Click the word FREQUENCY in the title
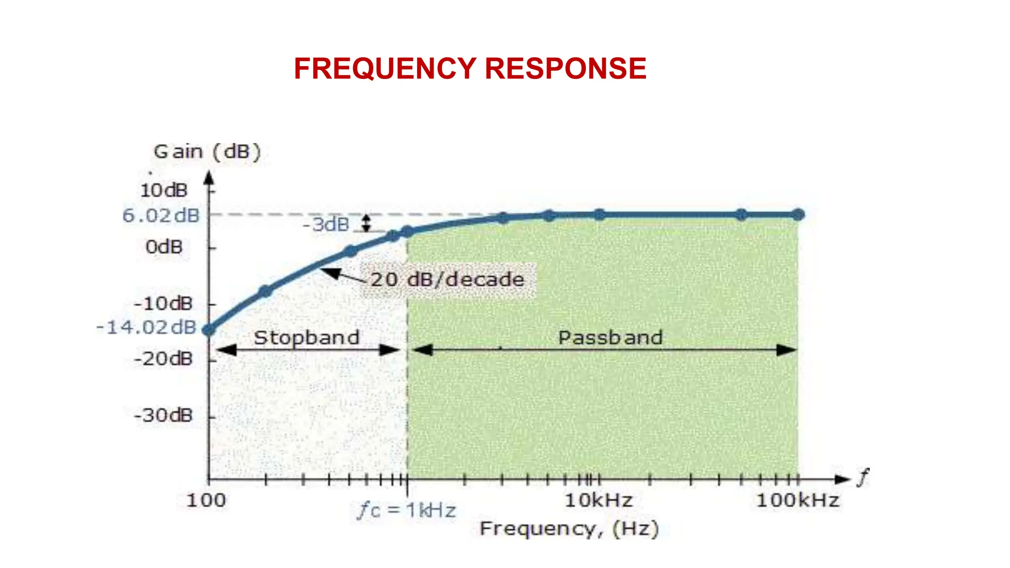(385, 68)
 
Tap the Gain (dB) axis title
(207, 151)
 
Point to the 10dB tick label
(164, 190)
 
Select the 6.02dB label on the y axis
(161, 215)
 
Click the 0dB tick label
(164, 247)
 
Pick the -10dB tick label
(163, 303)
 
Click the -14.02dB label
(146, 327)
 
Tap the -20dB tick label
(163, 358)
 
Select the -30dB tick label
(163, 415)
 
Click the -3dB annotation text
(326, 225)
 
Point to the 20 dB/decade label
(447, 280)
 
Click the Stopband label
(306, 338)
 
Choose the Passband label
(610, 338)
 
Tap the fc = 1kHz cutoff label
(406, 510)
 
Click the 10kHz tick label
(599, 500)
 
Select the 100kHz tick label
(797, 500)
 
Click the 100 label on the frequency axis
(206, 500)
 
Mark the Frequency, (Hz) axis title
(569, 529)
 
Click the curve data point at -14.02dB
(209, 330)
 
